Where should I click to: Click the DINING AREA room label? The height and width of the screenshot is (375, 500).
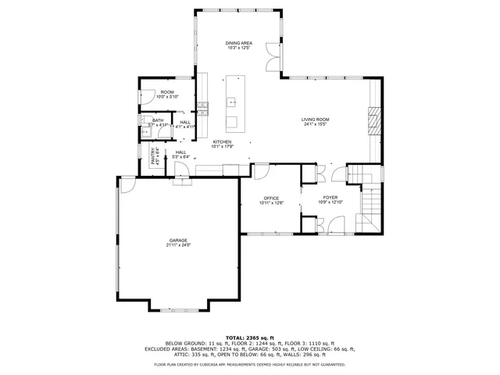tap(239, 44)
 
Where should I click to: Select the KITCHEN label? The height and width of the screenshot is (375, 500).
tap(222, 141)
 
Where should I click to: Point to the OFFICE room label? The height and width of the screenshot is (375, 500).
tap(271, 198)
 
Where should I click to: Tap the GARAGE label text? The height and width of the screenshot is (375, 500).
tap(179, 240)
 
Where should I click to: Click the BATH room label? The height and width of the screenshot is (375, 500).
tap(158, 120)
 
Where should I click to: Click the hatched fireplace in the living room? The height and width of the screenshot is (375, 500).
tap(373, 121)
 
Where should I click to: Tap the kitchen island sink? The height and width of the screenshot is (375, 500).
tap(232, 102)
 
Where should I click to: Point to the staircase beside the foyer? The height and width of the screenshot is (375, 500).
tap(370, 205)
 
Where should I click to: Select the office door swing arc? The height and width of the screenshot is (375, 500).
tap(261, 171)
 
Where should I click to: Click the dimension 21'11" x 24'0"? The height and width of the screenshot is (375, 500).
tap(179, 245)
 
